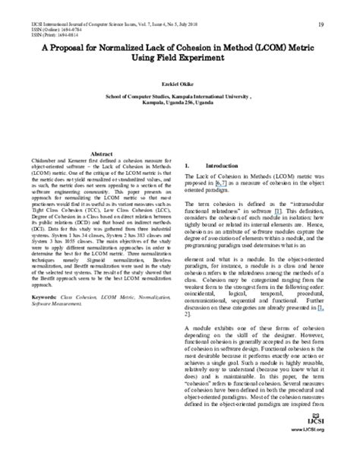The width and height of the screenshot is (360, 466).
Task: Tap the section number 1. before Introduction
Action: coord(188,164)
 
